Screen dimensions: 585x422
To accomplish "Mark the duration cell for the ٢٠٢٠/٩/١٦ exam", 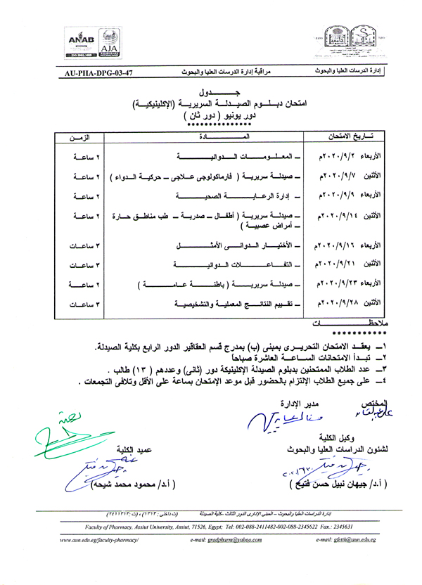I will click(x=85, y=247).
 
